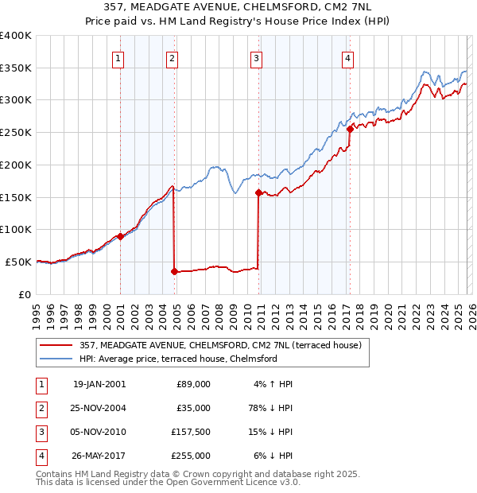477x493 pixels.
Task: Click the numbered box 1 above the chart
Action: [118, 56]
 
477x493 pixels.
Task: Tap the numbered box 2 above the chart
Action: [172, 56]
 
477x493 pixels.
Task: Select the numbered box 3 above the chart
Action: [257, 56]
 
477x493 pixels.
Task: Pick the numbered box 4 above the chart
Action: [347, 56]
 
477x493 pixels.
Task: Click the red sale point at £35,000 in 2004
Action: [174, 271]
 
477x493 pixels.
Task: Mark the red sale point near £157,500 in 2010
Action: [258, 192]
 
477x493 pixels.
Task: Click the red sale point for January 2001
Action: [120, 236]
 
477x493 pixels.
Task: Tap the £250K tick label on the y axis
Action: [15, 133]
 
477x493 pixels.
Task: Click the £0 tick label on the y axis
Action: [24, 294]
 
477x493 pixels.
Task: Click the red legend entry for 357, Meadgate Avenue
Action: [220, 345]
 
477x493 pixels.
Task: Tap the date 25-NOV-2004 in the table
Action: [99, 408]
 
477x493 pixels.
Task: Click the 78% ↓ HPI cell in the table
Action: [270, 408]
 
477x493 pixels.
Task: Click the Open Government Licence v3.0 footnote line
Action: [168, 482]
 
